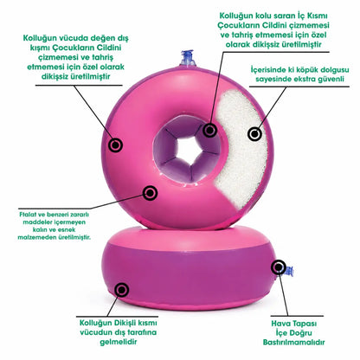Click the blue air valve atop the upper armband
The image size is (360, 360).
(x=187, y=59)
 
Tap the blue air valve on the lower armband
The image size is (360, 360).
(x=288, y=272)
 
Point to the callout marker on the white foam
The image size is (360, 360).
(x=254, y=134)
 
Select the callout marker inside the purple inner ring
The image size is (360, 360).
(x=209, y=131)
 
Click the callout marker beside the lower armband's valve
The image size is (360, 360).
(x=279, y=267)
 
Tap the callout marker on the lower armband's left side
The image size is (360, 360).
(x=122, y=289)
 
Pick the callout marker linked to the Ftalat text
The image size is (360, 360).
(x=151, y=193)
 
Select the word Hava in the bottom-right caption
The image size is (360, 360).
(x=280, y=324)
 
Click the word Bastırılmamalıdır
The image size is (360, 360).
(x=293, y=343)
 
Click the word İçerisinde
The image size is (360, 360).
(x=267, y=70)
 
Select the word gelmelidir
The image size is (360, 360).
(x=119, y=343)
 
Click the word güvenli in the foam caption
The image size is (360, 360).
(x=331, y=80)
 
